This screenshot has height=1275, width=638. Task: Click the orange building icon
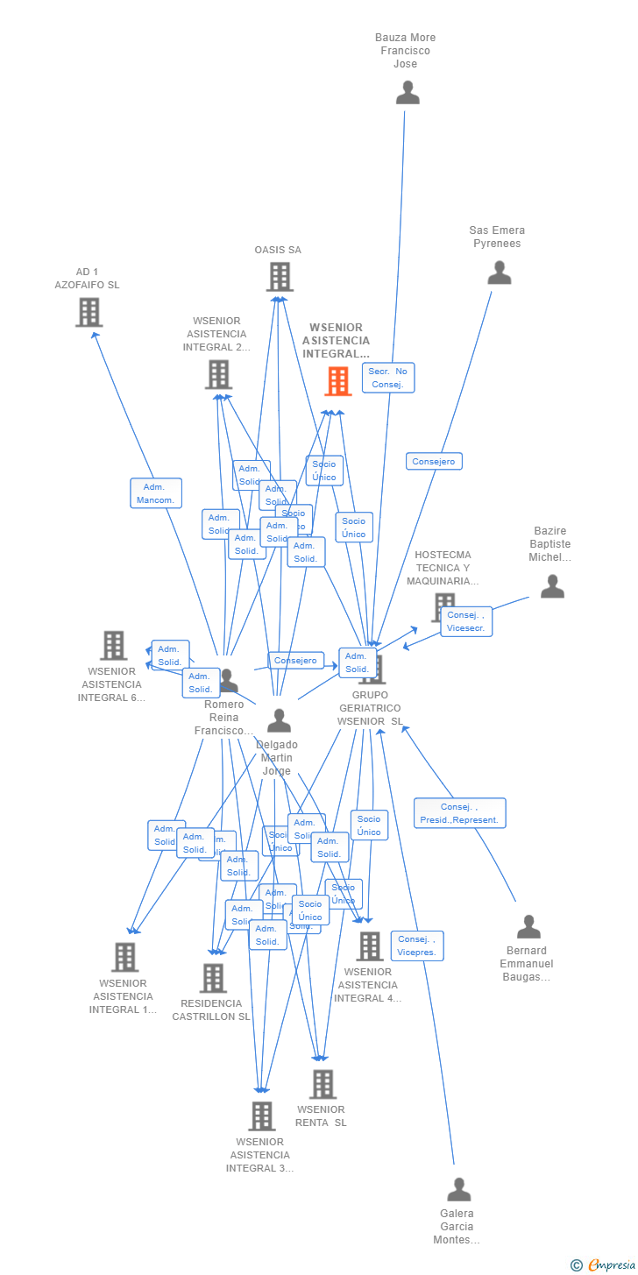(x=338, y=381)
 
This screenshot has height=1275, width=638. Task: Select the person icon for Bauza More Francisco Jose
(x=408, y=92)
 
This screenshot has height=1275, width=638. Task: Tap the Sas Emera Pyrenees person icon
(x=500, y=273)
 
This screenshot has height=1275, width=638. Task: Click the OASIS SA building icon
(x=280, y=277)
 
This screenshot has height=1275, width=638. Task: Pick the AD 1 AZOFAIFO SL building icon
(x=89, y=312)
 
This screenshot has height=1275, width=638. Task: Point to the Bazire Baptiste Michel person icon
(x=552, y=585)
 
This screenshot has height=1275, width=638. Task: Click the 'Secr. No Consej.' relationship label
(x=387, y=378)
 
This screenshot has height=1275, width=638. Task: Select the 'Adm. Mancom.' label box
(x=156, y=493)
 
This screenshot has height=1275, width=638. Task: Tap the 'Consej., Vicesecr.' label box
(x=465, y=621)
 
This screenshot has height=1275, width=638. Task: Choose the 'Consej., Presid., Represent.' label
(x=459, y=813)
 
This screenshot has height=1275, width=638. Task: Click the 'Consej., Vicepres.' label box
(x=416, y=946)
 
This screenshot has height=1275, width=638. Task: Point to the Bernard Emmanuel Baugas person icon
(x=528, y=926)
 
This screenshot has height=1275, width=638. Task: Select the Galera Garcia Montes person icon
(x=459, y=1189)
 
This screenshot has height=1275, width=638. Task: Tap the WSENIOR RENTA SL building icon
(x=323, y=1084)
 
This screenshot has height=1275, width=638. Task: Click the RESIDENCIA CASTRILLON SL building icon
(x=213, y=978)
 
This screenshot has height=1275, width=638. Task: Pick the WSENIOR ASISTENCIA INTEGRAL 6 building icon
(x=113, y=645)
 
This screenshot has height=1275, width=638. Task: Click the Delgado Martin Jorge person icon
(x=279, y=720)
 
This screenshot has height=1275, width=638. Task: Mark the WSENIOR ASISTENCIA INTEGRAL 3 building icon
(x=261, y=1116)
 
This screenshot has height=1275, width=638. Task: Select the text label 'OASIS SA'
(x=278, y=250)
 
